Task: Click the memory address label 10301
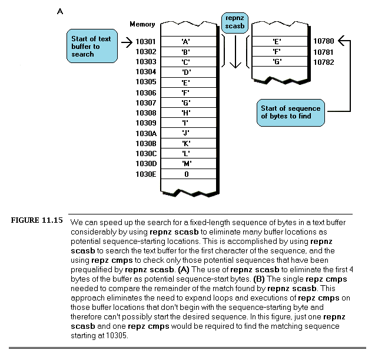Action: point(145,42)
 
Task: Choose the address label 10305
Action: point(145,82)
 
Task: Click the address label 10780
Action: point(324,42)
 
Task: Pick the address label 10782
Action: point(324,62)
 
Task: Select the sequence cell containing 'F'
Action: point(276,52)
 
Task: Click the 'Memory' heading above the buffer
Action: point(142,25)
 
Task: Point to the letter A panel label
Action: point(60,11)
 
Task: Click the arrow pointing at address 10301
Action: point(126,42)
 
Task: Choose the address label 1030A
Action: point(145,133)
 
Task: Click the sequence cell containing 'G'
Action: point(276,62)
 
